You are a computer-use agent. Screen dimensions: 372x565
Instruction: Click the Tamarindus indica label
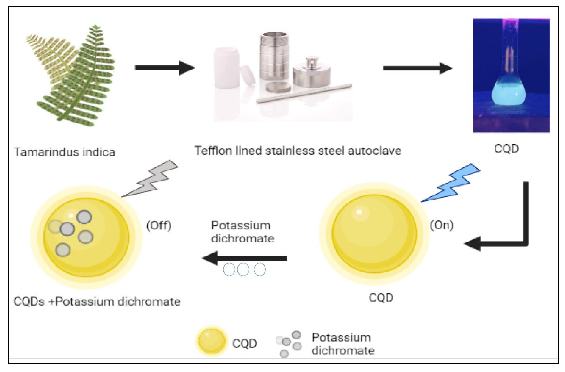click(x=64, y=152)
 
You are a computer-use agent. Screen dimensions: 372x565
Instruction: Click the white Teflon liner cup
click(x=226, y=67)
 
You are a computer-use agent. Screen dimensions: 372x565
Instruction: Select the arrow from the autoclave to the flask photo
click(x=417, y=68)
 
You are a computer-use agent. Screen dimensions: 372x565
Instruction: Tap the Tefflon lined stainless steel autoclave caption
click(x=298, y=150)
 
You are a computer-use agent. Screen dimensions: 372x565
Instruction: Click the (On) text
click(x=442, y=225)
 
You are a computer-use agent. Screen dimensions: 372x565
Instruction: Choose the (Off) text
click(x=159, y=226)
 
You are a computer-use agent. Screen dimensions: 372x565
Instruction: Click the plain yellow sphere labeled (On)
click(x=375, y=235)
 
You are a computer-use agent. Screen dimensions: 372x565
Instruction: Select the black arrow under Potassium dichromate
click(x=245, y=258)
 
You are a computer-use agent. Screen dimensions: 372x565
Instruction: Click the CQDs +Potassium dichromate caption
click(x=97, y=301)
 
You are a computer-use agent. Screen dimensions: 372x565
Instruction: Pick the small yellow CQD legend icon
click(x=211, y=342)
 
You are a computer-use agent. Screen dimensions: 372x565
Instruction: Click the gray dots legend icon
click(x=289, y=344)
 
